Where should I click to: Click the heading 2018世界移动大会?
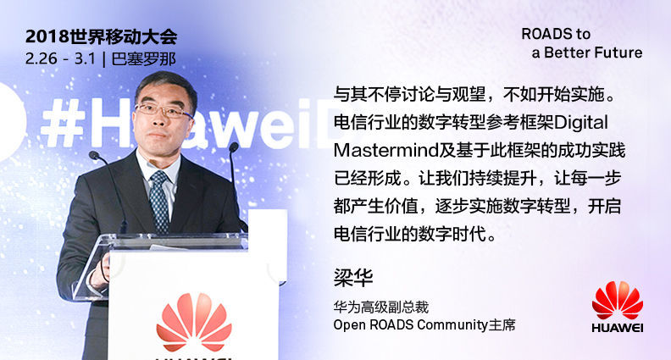101,36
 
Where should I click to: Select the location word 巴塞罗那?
144,58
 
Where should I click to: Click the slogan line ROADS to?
556,34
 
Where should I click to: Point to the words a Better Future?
587,53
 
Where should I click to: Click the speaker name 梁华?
353,277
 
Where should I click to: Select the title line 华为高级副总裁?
381,307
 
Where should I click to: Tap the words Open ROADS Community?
411,324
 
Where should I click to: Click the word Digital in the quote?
580,123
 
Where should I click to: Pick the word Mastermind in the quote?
386,150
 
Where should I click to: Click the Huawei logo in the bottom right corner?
618,307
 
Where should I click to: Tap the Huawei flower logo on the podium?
194,322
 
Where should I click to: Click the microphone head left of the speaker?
94,155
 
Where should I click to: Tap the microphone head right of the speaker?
234,147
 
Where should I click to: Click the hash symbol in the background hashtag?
64,123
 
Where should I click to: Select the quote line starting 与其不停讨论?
474,95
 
